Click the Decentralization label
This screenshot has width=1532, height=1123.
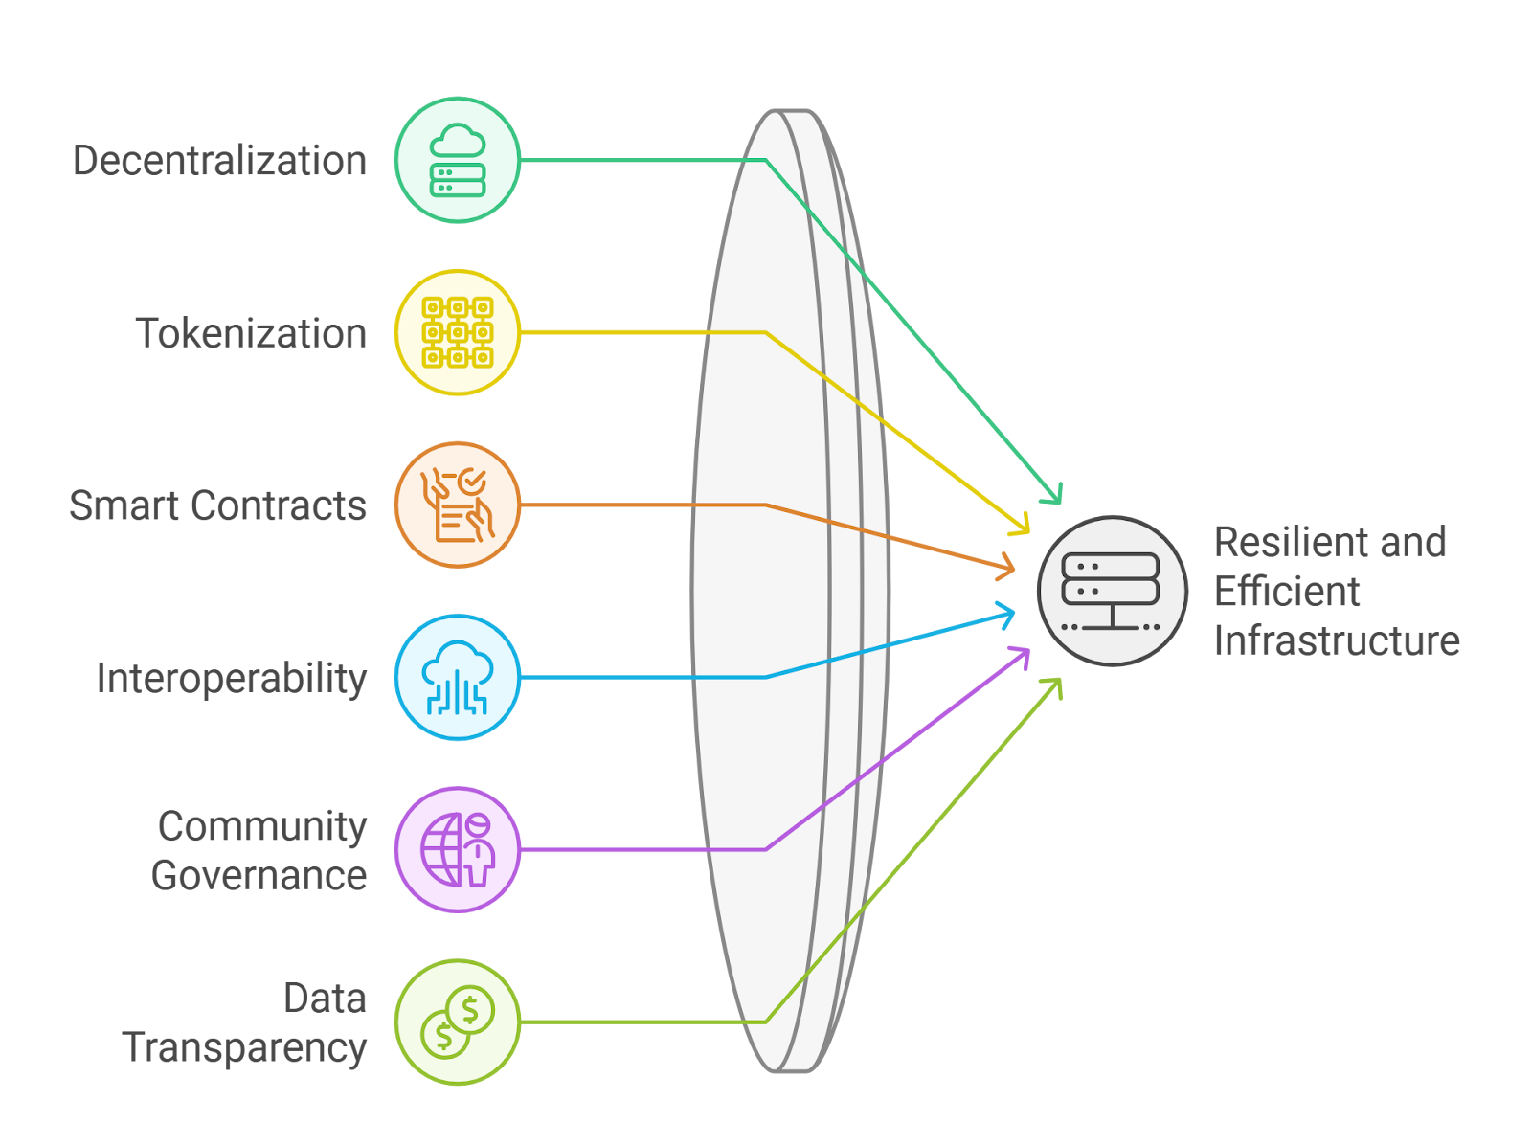[219, 161]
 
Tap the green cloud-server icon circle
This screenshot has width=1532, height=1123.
[458, 160]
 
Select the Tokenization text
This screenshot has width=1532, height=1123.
[251, 333]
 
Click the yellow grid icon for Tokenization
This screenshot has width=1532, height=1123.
[458, 332]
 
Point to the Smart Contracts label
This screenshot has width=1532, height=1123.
[217, 505]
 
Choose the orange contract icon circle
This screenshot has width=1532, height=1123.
[458, 505]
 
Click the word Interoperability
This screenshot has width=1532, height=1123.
[231, 678]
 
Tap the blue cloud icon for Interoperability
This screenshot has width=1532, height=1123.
[458, 677]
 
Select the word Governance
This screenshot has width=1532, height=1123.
[259, 875]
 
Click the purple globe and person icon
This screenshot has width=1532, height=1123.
[458, 849]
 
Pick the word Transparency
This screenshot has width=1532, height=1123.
[244, 1047]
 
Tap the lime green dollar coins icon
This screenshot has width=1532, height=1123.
[458, 1022]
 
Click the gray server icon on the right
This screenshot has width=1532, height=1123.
[1112, 591]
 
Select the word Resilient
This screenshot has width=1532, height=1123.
[1276, 542]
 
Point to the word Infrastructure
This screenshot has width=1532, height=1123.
[1336, 640]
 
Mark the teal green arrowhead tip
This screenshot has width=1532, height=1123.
[1059, 501]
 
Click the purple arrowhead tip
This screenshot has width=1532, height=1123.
[1026, 651]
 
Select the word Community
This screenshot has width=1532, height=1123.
[262, 825]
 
